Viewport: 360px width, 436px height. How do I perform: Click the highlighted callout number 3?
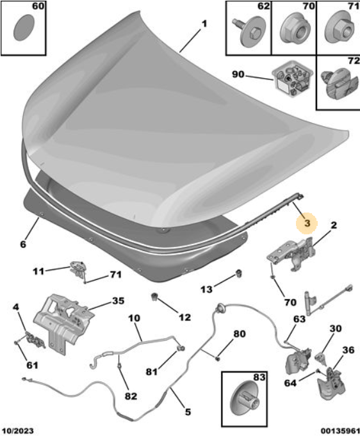(307, 223)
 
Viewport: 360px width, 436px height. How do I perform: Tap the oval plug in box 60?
(24, 28)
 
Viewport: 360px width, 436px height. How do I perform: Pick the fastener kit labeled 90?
(292, 79)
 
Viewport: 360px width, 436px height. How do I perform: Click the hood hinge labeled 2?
(292, 253)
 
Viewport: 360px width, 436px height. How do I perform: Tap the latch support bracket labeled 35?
(63, 323)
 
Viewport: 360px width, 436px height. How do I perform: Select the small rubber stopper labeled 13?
(239, 273)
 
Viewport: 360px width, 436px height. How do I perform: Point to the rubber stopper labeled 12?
(154, 296)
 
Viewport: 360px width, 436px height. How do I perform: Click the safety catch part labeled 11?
(78, 269)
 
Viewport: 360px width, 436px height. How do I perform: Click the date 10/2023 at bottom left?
(17, 431)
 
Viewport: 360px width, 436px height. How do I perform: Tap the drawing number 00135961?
(340, 431)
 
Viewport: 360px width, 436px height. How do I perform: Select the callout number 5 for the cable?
(188, 412)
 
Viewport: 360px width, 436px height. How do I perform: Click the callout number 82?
(131, 396)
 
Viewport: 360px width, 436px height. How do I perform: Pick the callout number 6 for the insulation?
(23, 244)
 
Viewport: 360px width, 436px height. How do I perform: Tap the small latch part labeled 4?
(33, 339)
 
